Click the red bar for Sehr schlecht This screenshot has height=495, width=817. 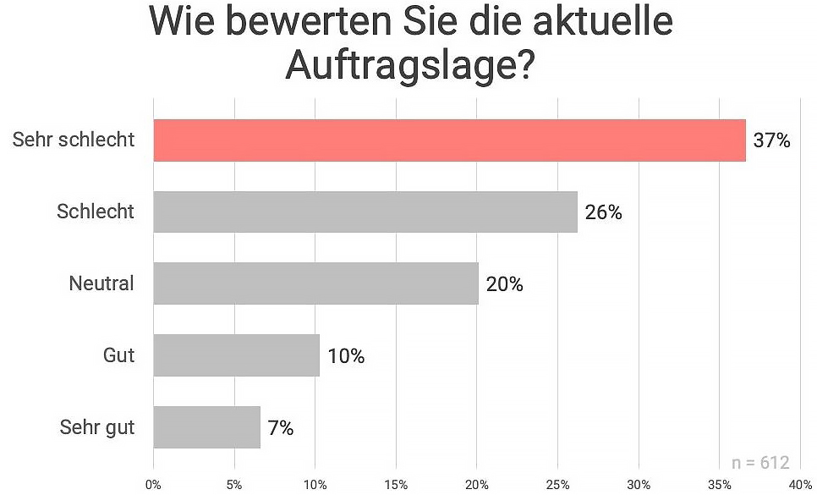pos(449,140)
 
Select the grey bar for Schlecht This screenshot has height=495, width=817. pos(365,212)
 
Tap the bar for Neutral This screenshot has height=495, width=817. pos(315,283)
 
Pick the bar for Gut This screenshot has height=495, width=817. pos(236,355)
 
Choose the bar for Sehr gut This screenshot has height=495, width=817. pos(206,426)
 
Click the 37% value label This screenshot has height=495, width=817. pos(771,140)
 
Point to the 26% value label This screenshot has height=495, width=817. pos(603,212)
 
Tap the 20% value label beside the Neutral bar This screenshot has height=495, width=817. pos(504,284)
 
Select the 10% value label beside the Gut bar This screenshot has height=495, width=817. pos(346,356)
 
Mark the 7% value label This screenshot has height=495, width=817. pos(280,428)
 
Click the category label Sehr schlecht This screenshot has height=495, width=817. pos(74,140)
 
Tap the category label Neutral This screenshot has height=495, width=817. pos(101,283)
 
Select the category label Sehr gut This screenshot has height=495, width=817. pos(97,427)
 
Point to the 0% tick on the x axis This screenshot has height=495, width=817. pos(153,485)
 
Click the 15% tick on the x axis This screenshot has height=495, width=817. pos(396,485)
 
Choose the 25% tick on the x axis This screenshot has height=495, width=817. pos(557,485)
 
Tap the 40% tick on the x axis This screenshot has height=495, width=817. pos(799,485)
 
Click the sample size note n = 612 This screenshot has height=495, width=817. pos(759,463)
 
